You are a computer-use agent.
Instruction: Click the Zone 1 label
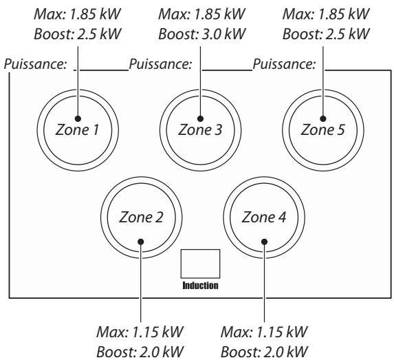(77, 130)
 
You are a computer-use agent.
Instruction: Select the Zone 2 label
(141, 217)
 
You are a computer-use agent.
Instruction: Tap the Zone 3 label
(200, 130)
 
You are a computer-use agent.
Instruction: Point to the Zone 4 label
(264, 217)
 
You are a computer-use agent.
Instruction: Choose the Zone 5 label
(323, 130)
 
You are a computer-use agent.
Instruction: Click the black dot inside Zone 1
(78, 118)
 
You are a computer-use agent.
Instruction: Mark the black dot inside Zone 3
(200, 118)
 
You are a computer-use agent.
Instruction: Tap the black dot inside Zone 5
(323, 118)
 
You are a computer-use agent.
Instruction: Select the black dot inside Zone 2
(141, 242)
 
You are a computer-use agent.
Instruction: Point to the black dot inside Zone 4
(264, 242)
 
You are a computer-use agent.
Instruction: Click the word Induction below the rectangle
(200, 286)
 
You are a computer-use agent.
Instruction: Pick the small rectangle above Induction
(200, 264)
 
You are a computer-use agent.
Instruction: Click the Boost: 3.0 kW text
(201, 34)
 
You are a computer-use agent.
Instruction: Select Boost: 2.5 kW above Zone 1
(78, 34)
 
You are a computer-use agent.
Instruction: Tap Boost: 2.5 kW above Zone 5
(326, 34)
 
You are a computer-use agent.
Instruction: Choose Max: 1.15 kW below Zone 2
(140, 332)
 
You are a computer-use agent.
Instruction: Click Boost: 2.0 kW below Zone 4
(264, 352)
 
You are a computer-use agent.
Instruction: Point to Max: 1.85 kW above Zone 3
(201, 14)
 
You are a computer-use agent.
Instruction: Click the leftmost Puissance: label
(36, 64)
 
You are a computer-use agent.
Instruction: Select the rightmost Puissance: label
(284, 64)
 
